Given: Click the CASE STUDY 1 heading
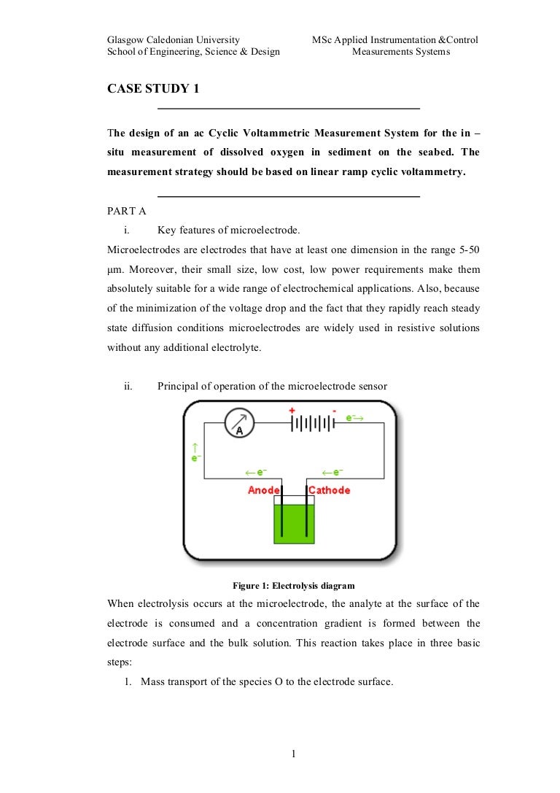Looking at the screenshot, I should click(x=152, y=89).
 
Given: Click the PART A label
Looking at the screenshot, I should click(x=127, y=212).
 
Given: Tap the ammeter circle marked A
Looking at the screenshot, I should click(x=238, y=424).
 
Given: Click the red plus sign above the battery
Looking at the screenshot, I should click(x=292, y=411).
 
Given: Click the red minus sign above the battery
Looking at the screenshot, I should click(x=334, y=411).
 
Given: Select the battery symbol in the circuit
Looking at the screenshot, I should click(x=313, y=424).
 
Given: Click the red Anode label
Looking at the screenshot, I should click(x=264, y=490).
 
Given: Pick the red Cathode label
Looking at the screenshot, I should click(x=329, y=490).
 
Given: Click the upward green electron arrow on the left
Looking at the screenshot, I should click(x=195, y=446).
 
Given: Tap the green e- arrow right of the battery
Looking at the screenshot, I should click(x=354, y=418).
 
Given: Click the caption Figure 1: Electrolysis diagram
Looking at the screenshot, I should click(x=293, y=585).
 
